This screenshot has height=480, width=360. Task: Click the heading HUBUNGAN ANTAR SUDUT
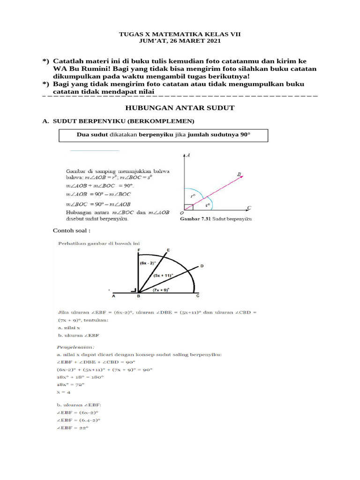click(x=180, y=108)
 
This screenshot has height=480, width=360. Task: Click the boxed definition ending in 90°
click(x=163, y=135)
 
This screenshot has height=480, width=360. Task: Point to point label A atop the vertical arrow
click(x=188, y=155)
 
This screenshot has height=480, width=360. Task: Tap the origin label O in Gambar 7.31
click(x=181, y=213)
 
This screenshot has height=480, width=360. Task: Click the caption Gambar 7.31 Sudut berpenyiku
click(x=216, y=219)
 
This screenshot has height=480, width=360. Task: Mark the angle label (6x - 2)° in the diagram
click(x=148, y=263)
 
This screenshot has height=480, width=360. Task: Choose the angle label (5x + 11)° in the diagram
click(x=163, y=276)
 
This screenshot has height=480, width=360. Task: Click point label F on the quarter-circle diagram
click(x=139, y=251)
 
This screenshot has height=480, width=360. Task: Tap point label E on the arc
click(x=168, y=250)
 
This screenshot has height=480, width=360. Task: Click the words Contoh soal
click(x=71, y=231)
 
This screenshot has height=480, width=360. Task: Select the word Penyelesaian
click(x=76, y=347)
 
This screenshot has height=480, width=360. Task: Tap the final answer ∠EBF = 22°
click(x=73, y=427)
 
